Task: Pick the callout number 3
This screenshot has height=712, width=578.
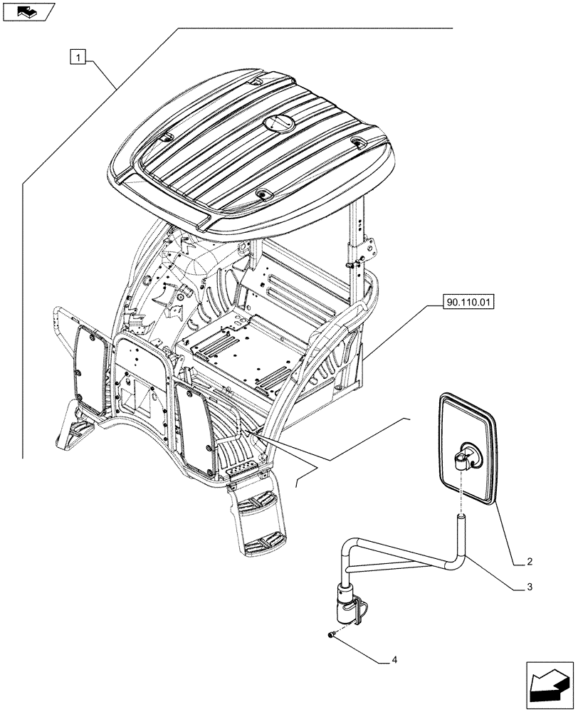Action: (529, 588)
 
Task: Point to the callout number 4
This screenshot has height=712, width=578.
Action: (394, 660)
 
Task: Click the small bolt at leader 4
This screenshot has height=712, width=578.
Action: (332, 633)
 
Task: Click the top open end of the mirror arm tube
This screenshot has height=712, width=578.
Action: (461, 519)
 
